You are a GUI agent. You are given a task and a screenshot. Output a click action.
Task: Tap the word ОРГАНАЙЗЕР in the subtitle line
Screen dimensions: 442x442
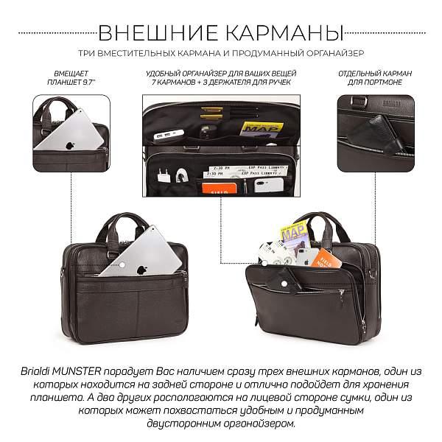[x=335, y=54]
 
